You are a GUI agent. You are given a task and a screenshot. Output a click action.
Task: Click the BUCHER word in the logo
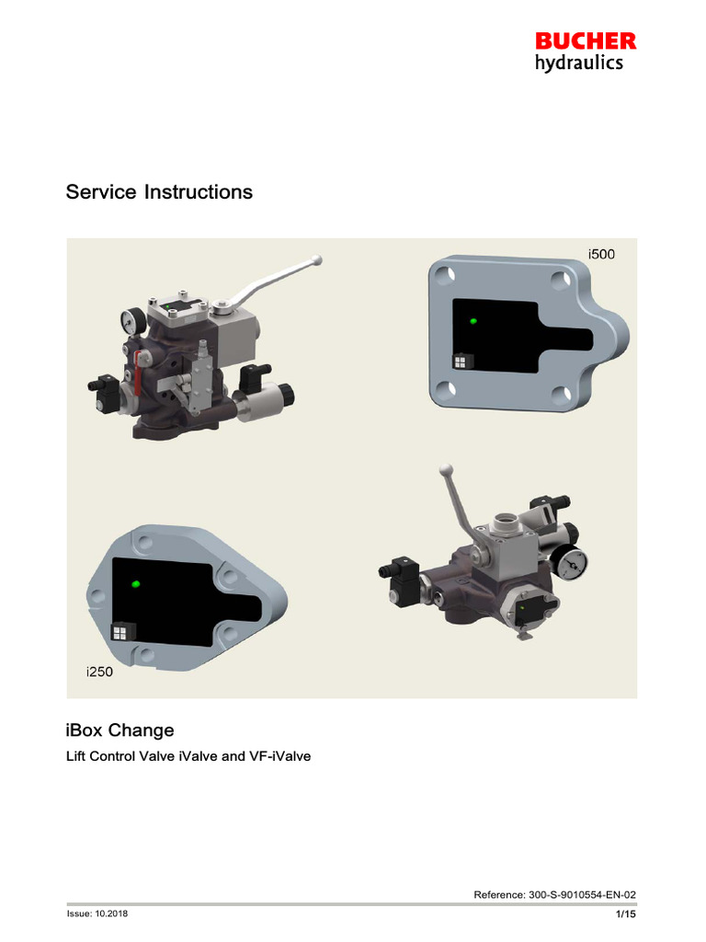coord(586,41)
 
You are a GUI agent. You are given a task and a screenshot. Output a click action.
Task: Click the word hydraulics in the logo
coord(579,63)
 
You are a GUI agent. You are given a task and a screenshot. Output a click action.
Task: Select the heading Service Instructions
coord(158,192)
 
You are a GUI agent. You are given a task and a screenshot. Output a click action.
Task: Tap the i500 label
coord(601,254)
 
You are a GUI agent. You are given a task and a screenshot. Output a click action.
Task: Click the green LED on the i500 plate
coord(473,321)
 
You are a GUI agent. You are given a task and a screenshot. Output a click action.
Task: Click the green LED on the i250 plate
coord(136,583)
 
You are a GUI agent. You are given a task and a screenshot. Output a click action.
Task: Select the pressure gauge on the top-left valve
coord(126,322)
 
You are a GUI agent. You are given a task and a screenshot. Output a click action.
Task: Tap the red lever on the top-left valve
coord(139,373)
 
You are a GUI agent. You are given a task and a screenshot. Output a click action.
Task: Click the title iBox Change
coord(120,730)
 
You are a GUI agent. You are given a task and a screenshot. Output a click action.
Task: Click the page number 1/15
coord(625,914)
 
